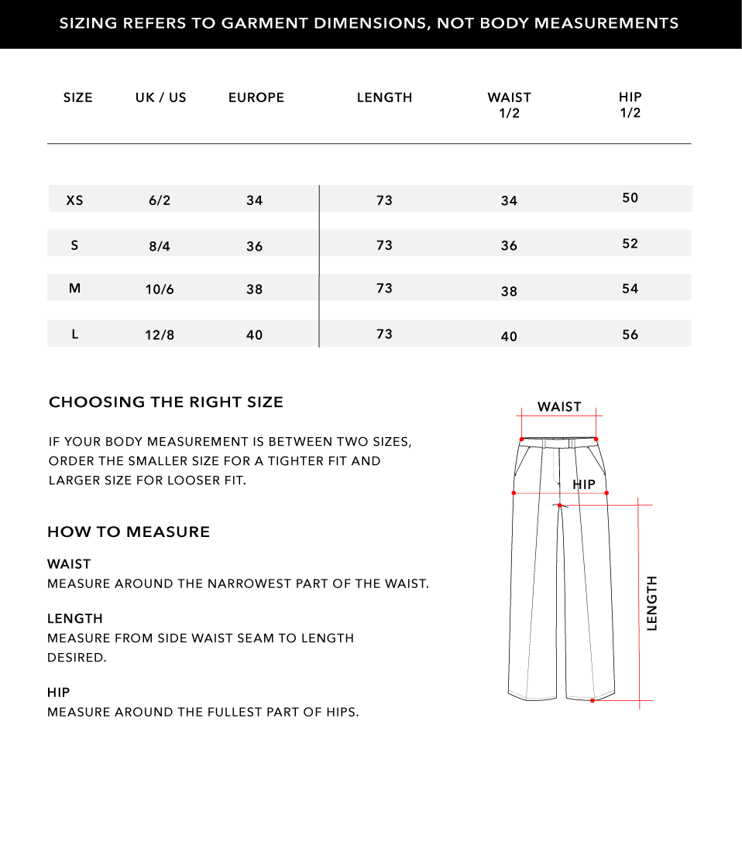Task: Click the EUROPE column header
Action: (256, 97)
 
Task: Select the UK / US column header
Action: (160, 97)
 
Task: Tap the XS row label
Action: (74, 200)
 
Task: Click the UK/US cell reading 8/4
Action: (160, 247)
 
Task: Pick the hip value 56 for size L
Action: (630, 334)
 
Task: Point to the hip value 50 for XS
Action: (630, 198)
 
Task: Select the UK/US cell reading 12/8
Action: (160, 335)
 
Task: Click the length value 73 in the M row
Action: (384, 289)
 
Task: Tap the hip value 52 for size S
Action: (630, 244)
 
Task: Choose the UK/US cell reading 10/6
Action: (160, 289)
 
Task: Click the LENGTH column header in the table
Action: (384, 97)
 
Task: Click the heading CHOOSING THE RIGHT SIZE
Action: (166, 402)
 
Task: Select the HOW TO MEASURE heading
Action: (129, 532)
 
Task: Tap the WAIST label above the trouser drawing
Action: (559, 407)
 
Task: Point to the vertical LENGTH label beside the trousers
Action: (651, 603)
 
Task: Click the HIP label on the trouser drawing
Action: (584, 484)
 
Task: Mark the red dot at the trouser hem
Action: (593, 700)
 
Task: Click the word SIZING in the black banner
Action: (87, 23)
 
